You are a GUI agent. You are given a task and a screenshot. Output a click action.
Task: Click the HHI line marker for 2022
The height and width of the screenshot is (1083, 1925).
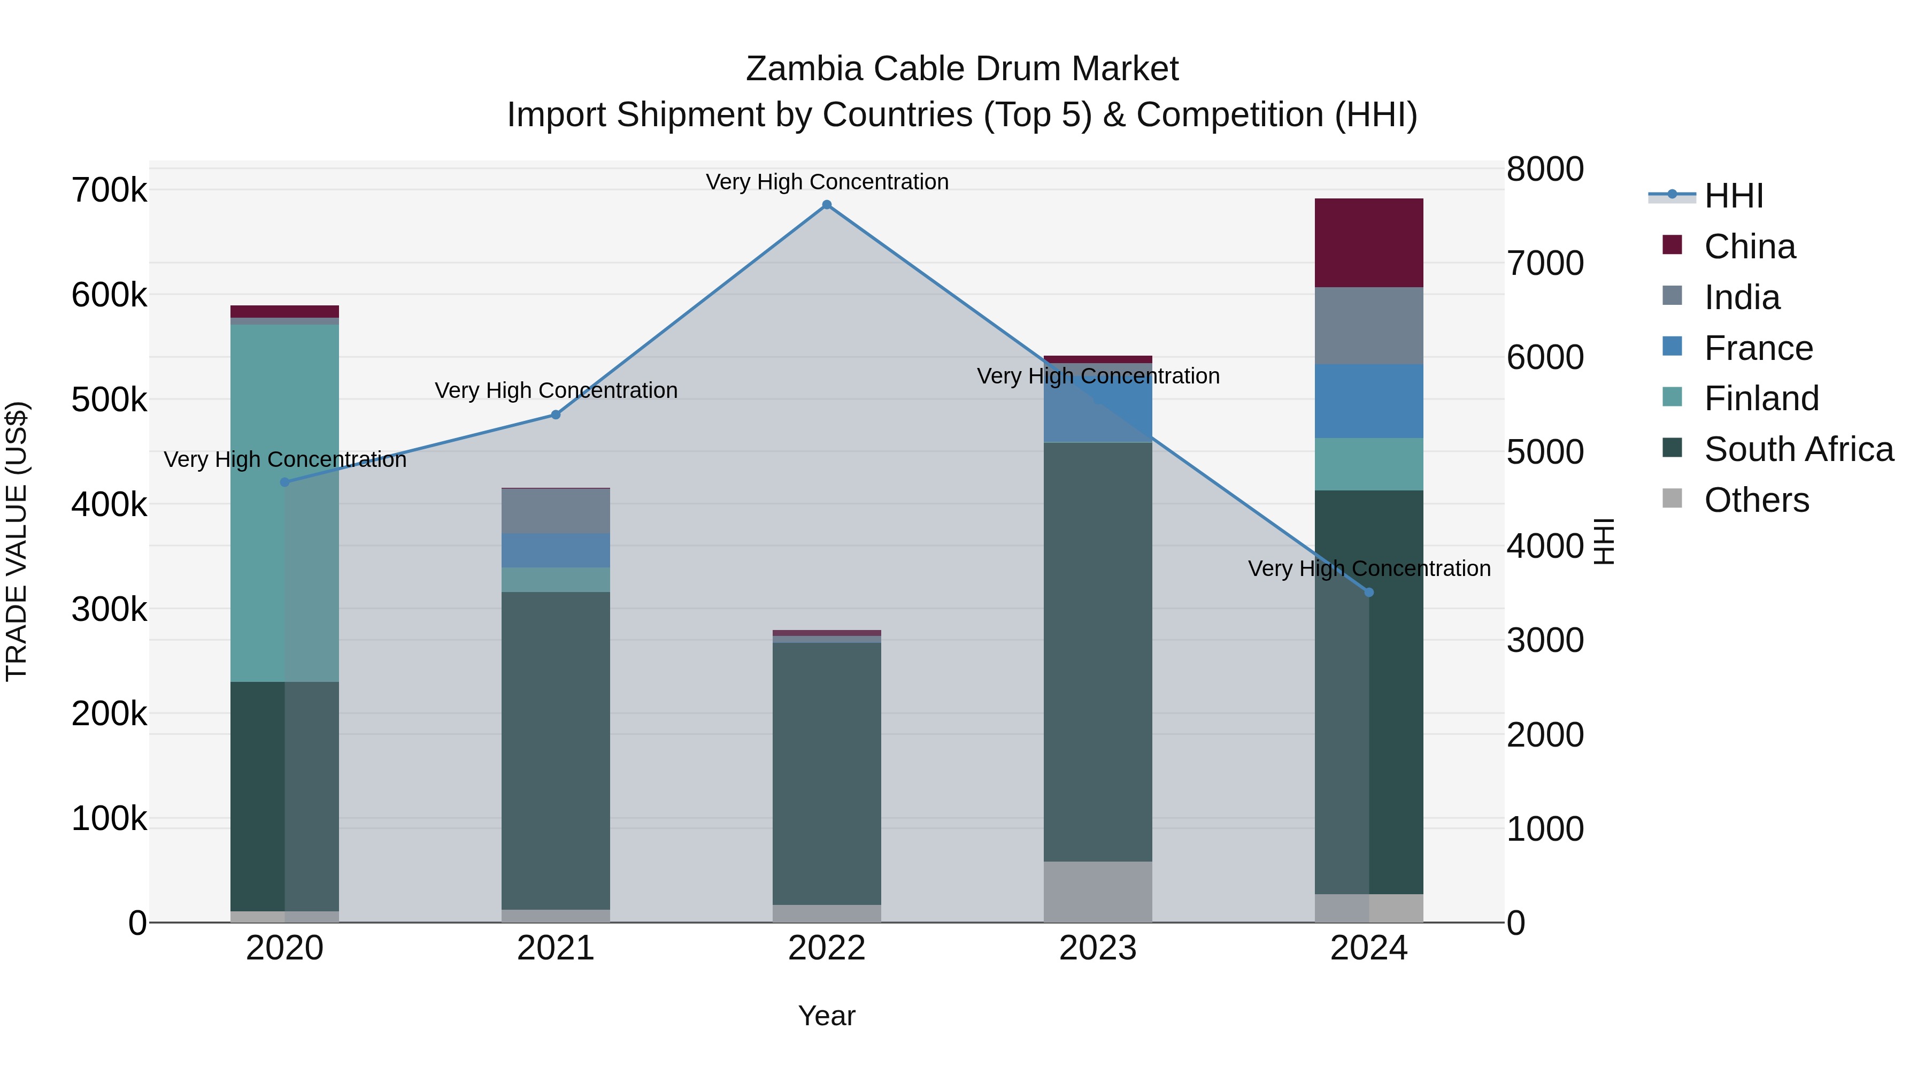[x=827, y=205]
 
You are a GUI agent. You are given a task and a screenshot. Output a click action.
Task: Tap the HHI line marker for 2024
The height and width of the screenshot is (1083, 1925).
[x=1368, y=593]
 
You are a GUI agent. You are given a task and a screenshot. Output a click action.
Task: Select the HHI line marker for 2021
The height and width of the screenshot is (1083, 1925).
[x=555, y=415]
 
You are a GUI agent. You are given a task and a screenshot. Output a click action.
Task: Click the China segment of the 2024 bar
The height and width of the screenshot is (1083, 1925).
[x=1368, y=243]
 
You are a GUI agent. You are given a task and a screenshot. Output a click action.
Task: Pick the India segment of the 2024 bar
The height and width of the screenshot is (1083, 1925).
[x=1368, y=326]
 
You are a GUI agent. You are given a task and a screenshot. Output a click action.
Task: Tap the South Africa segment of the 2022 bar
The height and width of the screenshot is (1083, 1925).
[x=827, y=773]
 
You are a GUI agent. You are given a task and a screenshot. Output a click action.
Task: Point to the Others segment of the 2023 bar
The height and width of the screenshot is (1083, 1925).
[x=1097, y=892]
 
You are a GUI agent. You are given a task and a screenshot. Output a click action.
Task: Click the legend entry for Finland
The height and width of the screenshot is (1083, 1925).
[x=1761, y=398]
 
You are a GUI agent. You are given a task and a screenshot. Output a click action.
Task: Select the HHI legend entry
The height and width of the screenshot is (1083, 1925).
[x=1733, y=196]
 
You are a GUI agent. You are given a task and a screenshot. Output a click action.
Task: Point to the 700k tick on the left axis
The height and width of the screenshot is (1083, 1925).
[x=109, y=190]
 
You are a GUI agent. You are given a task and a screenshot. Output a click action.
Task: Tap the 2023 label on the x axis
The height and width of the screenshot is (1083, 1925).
[x=1097, y=948]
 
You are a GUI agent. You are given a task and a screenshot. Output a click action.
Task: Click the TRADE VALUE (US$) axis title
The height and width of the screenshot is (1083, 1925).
[x=17, y=541]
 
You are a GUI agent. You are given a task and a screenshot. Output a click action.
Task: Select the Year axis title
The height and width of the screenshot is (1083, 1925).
[x=827, y=1016]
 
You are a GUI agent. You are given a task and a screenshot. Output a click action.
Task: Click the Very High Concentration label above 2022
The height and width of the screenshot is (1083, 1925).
[x=827, y=182]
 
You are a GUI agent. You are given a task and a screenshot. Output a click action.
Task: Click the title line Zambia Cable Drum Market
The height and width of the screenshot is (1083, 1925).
[x=962, y=69]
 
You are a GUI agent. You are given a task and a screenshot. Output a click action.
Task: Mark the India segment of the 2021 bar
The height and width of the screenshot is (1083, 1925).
[x=555, y=511]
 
